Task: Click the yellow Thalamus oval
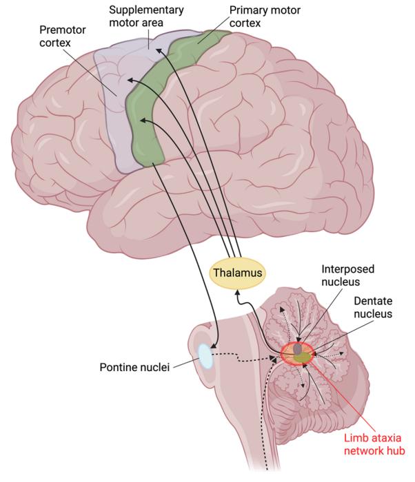point(237,273)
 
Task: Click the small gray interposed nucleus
point(298,349)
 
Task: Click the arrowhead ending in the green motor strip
point(141,120)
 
